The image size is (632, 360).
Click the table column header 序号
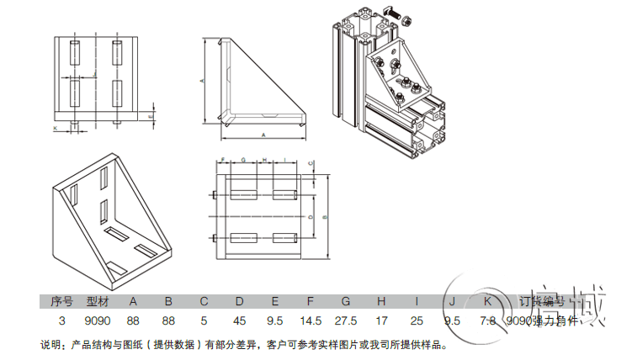(x=61, y=300)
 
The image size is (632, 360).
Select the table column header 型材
(x=98, y=300)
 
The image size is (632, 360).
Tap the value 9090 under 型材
(x=98, y=320)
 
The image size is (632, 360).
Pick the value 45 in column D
(x=239, y=320)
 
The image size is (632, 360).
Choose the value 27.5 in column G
(x=345, y=320)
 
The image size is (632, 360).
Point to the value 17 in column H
(x=381, y=320)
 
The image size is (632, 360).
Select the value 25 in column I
(x=417, y=320)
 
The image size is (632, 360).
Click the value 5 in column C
(x=204, y=320)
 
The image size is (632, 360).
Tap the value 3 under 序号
(x=61, y=320)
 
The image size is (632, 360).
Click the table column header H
(x=381, y=300)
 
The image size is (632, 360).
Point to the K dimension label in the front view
(x=55, y=129)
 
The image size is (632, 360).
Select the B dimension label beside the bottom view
(x=325, y=216)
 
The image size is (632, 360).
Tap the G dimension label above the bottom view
(x=242, y=160)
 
